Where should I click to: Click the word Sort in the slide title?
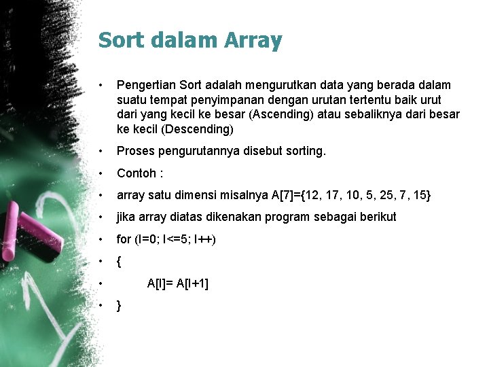(x=120, y=40)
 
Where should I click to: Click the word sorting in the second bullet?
(x=303, y=151)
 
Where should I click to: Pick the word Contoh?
(x=138, y=173)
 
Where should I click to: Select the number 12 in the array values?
(x=314, y=195)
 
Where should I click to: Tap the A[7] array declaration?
(x=285, y=195)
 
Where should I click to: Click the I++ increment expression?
(x=204, y=239)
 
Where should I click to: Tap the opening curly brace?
(x=119, y=261)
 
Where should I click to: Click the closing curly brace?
(x=119, y=305)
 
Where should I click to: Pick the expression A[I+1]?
(x=192, y=283)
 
